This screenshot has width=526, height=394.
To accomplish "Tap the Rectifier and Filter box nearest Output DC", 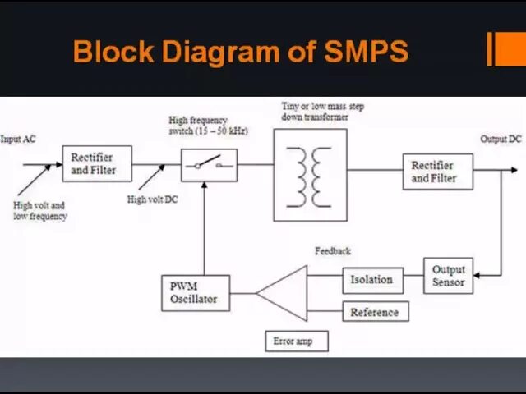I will pyautogui.click(x=437, y=172).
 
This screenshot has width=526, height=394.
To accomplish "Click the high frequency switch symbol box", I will pyautogui.click(x=209, y=165).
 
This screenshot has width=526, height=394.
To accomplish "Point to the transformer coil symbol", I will pyautogui.click(x=310, y=175).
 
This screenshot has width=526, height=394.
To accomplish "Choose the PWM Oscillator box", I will pyautogui.click(x=195, y=293).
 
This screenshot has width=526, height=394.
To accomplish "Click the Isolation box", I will pyautogui.click(x=372, y=280).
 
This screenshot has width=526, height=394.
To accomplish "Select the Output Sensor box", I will pyautogui.click(x=448, y=276).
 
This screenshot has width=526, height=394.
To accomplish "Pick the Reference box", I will pyautogui.click(x=374, y=313).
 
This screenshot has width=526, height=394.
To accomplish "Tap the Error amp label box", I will pyautogui.click(x=296, y=341).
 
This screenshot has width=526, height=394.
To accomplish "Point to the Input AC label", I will pyautogui.click(x=18, y=140).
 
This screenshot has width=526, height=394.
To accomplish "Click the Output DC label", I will pyautogui.click(x=501, y=140).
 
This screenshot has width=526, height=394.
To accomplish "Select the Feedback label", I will pyautogui.click(x=332, y=251).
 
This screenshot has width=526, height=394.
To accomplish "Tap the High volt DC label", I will pyautogui.click(x=152, y=199).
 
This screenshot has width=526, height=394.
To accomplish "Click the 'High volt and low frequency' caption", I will pyautogui.click(x=39, y=211).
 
